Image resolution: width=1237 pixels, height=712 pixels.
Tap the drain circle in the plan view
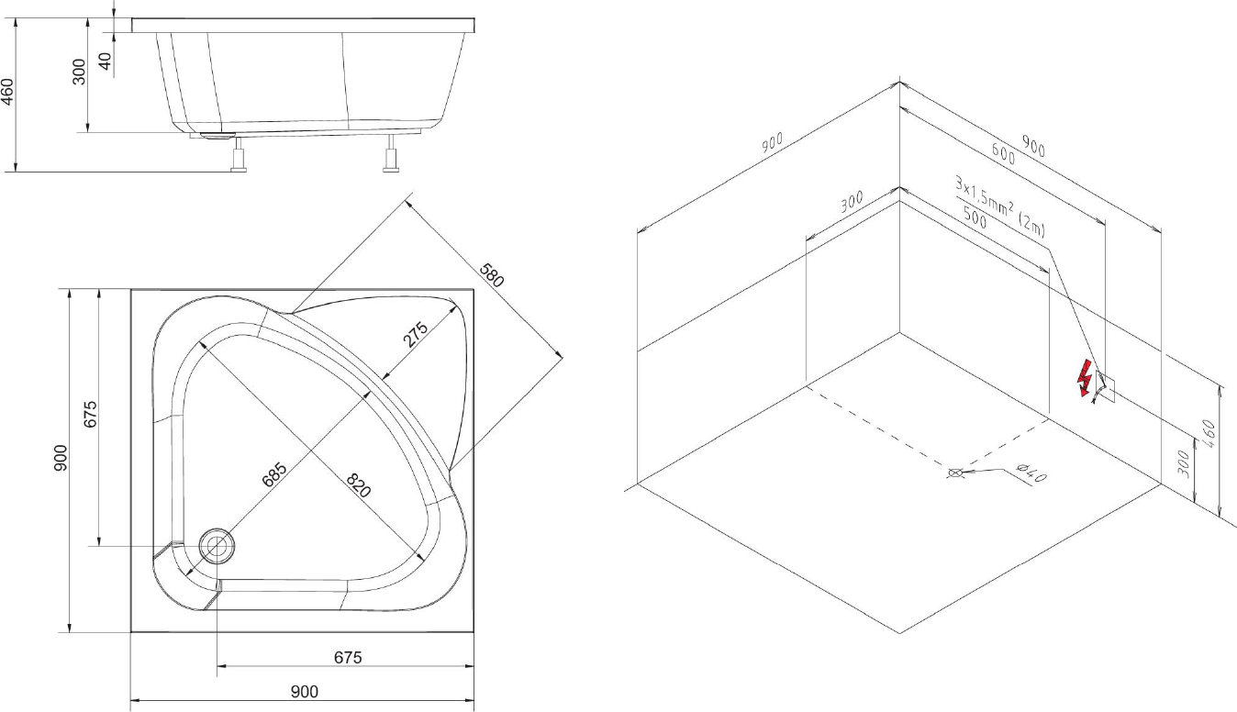point(217,545)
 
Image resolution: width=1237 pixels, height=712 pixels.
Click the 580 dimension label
point(492,275)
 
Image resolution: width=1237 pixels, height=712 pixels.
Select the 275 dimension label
point(416,334)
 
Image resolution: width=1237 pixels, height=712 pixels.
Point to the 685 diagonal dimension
point(274,474)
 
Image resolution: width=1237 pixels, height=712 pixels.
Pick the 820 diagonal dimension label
point(359,485)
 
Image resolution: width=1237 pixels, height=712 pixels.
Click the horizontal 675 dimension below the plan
point(348,657)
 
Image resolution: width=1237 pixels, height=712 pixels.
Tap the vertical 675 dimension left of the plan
point(91,414)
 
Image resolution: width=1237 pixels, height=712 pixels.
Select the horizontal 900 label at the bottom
point(305,692)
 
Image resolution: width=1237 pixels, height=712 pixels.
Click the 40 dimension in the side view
point(105,61)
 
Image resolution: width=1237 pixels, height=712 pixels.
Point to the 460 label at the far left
point(7,92)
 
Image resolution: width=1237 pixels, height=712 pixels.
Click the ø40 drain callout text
point(1031,474)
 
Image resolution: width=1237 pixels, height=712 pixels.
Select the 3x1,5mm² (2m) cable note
point(1000,206)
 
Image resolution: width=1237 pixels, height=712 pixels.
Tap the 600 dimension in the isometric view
point(1003,153)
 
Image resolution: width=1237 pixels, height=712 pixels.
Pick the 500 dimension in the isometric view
point(975,217)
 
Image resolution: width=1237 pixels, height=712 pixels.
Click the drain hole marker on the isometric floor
point(954,473)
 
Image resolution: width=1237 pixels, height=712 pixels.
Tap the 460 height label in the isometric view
point(1208,434)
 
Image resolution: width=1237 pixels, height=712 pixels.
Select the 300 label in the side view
point(80,72)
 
